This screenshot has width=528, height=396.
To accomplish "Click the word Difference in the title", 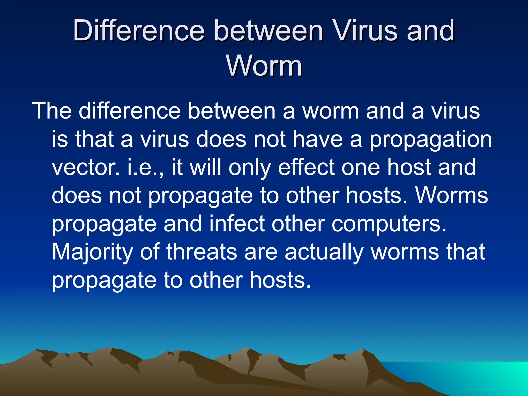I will tap(139, 31).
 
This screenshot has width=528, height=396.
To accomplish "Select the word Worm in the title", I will tap(264, 66).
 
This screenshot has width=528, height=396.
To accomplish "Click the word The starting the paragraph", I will tap(52, 111).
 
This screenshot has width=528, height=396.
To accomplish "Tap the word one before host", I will tap(361, 168).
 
